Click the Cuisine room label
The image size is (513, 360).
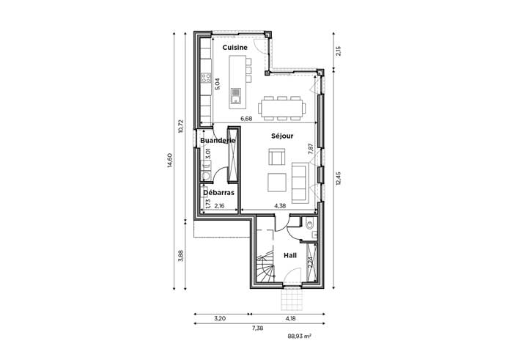[235, 48]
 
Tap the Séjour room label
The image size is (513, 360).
[282, 136]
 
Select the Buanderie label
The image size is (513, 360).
[218, 140]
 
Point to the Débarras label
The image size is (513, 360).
[218, 192]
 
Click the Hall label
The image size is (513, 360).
[290, 255]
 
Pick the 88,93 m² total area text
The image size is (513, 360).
[299, 336]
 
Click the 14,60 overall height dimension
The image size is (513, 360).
[169, 161]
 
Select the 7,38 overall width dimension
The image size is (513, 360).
[257, 328]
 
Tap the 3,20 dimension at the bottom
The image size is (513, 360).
[220, 318]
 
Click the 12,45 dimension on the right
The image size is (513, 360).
[339, 178]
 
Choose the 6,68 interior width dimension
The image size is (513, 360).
[246, 119]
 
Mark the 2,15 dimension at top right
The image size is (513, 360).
[339, 51]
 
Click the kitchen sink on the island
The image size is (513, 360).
[235, 95]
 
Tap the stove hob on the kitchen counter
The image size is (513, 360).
[206, 78]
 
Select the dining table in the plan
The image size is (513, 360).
[281, 108]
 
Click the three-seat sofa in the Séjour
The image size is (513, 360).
[300, 183]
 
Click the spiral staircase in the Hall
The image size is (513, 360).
[265, 267]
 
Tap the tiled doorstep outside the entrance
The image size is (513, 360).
[292, 299]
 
